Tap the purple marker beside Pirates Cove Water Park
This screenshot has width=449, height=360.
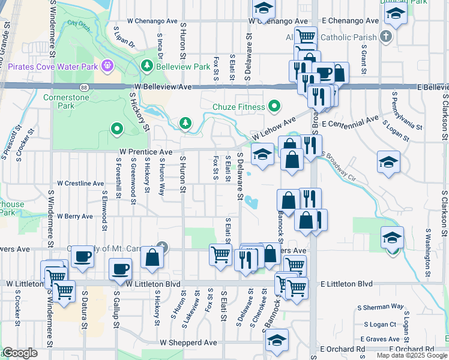click(x=108, y=64)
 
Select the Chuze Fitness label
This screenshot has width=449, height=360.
click(x=239, y=107)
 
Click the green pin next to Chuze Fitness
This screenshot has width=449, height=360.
click(x=275, y=107)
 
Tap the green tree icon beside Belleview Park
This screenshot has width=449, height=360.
click(x=146, y=64)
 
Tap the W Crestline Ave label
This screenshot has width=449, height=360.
click(x=80, y=183)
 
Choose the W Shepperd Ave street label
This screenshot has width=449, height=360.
click(x=188, y=342)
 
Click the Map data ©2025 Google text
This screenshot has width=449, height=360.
click(x=411, y=356)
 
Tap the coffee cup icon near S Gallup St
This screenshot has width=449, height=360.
click(x=120, y=269)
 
